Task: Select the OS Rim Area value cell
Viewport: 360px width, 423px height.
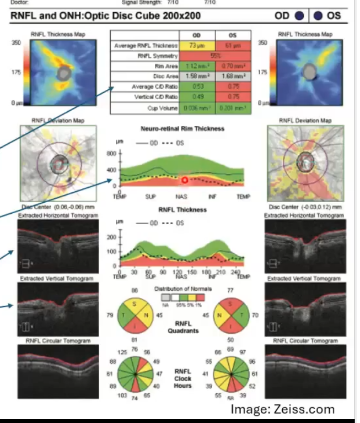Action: point(232,66)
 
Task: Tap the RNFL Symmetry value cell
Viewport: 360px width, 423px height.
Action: point(214,56)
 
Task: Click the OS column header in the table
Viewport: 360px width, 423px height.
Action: point(232,35)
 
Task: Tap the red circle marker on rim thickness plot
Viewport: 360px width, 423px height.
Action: point(184,180)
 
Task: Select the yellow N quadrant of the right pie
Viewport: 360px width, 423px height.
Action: point(222,316)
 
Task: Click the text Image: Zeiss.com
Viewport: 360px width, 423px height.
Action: point(282,409)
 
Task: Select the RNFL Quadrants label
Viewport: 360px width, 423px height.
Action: point(183,327)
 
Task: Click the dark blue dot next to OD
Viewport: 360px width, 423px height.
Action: point(299,15)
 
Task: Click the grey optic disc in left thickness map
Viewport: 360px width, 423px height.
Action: point(65,73)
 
